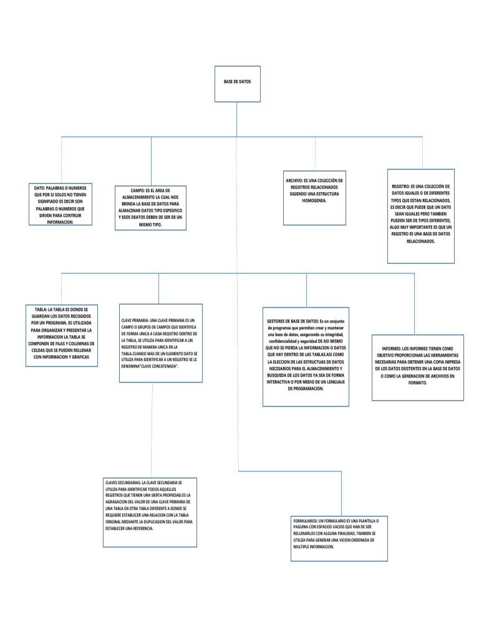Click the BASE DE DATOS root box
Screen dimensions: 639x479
pos(237,84)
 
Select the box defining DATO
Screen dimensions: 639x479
pos(60,204)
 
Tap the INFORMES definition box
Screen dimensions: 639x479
pos(417,364)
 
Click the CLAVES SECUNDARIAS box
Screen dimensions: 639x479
pos(150,512)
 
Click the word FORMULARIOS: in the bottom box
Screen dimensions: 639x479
pos(306,519)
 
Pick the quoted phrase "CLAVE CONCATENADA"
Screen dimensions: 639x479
pos(160,367)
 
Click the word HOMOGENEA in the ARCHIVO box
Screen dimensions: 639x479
pos(315,202)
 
